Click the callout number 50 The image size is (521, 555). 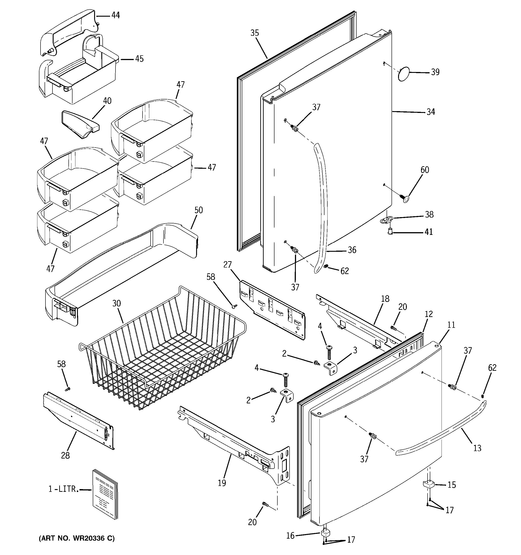198,210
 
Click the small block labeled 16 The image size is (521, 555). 325,534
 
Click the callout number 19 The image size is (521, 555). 222,483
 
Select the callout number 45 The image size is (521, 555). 139,59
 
